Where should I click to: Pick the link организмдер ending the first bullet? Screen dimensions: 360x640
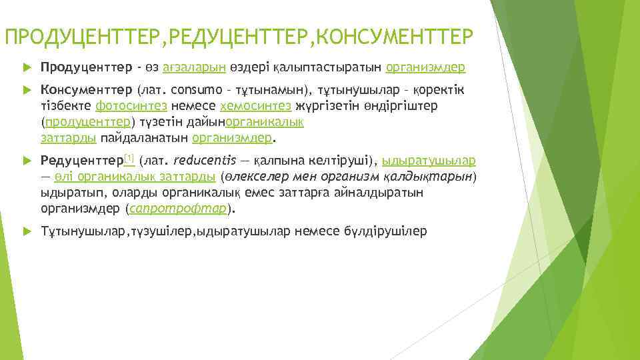(425, 67)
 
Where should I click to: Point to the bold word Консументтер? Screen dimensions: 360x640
(87, 89)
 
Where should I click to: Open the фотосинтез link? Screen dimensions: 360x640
(132, 105)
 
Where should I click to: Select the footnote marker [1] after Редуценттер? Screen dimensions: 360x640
(129, 158)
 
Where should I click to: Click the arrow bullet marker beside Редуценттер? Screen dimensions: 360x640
(27, 161)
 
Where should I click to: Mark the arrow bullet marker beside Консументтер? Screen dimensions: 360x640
(27, 90)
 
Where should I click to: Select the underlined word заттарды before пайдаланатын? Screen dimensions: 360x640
(69, 138)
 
